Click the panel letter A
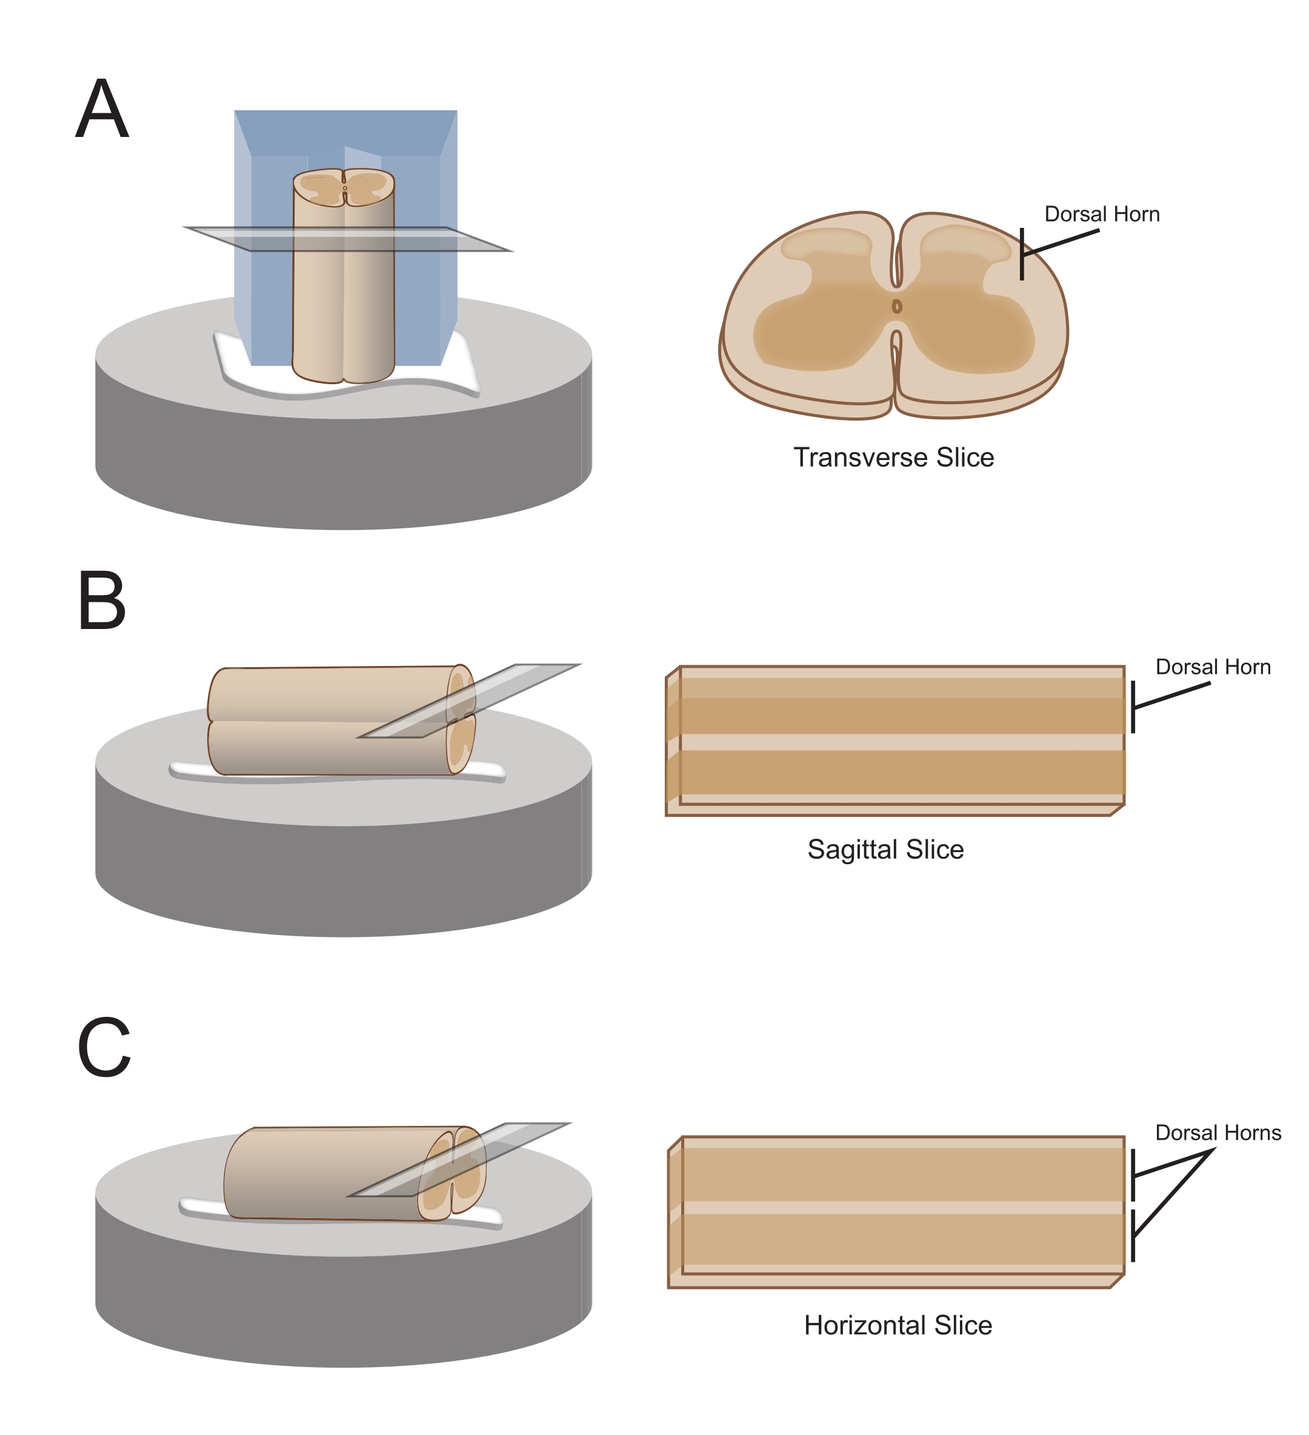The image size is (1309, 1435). (102, 108)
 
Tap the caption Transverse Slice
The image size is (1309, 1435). (893, 457)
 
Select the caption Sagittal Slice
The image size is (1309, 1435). (885, 850)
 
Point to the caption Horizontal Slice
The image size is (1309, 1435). (898, 1325)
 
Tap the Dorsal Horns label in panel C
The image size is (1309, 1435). (1218, 1133)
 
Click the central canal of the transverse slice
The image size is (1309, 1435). (897, 307)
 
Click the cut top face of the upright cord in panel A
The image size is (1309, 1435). (344, 187)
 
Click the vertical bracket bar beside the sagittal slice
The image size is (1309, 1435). (1133, 707)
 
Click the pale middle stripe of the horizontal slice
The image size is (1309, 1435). (902, 1208)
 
